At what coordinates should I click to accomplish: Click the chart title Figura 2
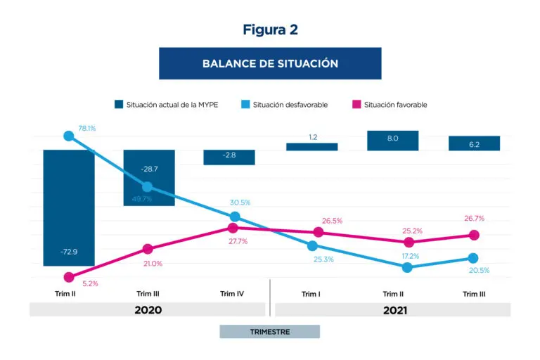coord(270,30)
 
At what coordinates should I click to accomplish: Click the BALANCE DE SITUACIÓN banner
coord(270,63)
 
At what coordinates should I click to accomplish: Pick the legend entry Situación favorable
coord(392,105)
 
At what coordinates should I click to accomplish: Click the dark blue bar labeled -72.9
coord(68,207)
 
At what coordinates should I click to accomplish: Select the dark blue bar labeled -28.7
coord(148,177)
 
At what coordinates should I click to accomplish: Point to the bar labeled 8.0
coord(392,140)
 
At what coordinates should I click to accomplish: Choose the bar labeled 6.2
coord(474,143)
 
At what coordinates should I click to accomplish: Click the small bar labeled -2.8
coord(229,157)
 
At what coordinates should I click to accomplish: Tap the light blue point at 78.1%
coord(68,136)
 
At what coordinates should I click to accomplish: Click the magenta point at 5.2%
coord(68,278)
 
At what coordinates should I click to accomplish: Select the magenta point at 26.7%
coord(474,235)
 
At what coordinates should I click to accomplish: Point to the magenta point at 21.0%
coord(148,248)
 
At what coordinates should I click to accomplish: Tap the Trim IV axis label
coord(231,294)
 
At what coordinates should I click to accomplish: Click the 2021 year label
coord(392,309)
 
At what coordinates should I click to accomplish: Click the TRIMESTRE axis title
coord(269,331)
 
